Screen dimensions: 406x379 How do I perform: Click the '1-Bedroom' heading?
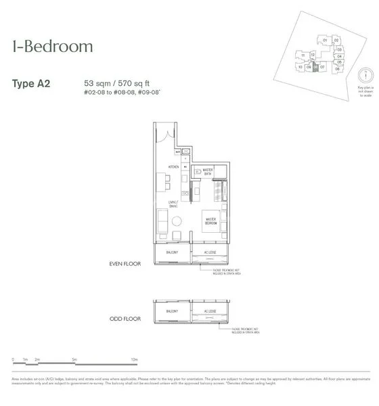[x=52, y=47]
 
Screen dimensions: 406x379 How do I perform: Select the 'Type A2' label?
[x=31, y=85]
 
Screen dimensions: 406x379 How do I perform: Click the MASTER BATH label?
[x=204, y=172]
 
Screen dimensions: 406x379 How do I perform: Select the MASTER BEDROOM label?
[x=211, y=220]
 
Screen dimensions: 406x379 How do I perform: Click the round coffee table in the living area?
[x=177, y=220]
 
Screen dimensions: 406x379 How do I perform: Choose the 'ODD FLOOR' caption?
[x=125, y=318]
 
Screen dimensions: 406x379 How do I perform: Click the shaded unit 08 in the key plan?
[x=315, y=67]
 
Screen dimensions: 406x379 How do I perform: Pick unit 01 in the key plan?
[x=326, y=40]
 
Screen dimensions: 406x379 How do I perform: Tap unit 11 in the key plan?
[x=304, y=55]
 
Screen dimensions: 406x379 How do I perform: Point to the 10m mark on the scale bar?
[x=134, y=359]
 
